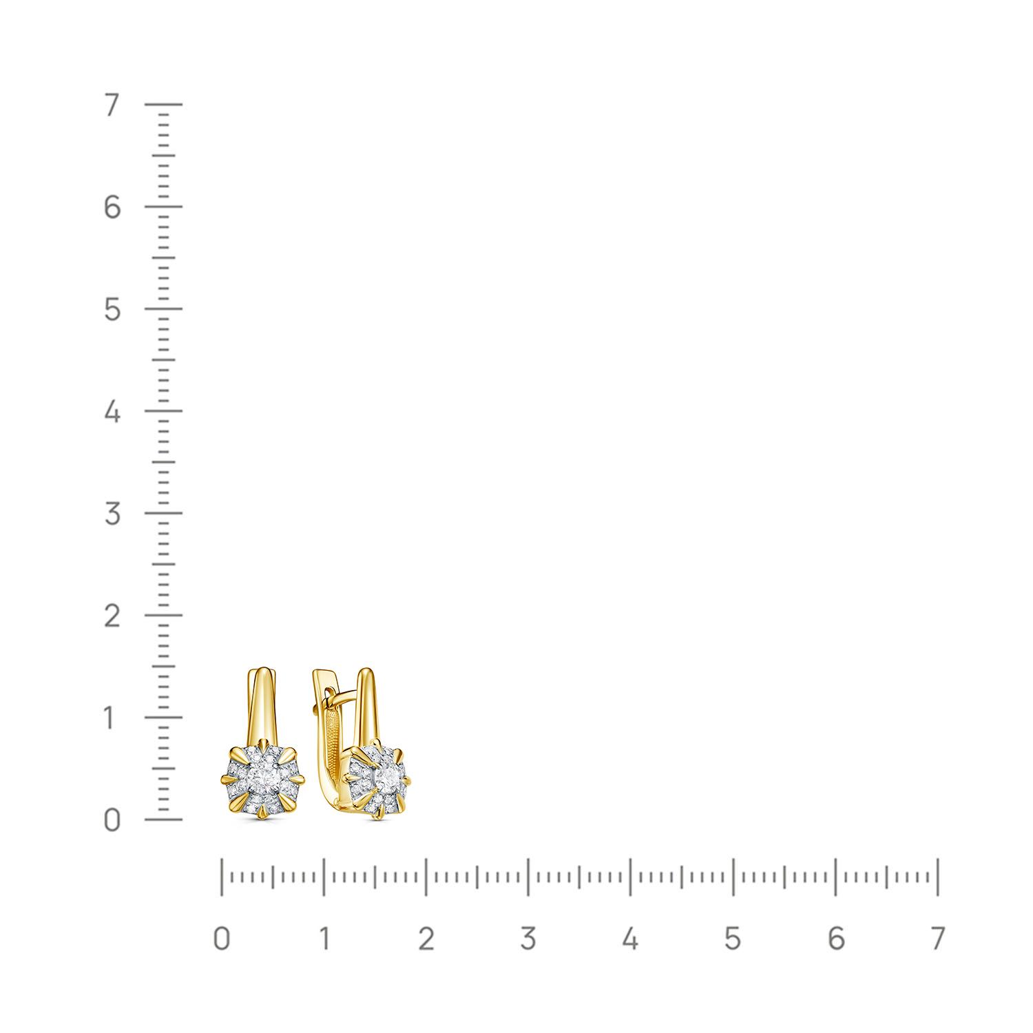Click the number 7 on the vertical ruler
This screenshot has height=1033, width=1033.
pyautogui.click(x=112, y=106)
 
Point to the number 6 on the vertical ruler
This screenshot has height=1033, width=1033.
pyautogui.click(x=112, y=207)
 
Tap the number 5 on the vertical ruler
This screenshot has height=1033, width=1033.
pyautogui.click(x=112, y=310)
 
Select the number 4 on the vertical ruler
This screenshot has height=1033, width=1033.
pyautogui.click(x=112, y=412)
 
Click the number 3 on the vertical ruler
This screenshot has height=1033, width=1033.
pyautogui.click(x=112, y=514)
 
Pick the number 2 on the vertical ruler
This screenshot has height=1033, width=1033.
pyautogui.click(x=112, y=616)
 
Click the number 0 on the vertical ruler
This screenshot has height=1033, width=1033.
pyautogui.click(x=112, y=820)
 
